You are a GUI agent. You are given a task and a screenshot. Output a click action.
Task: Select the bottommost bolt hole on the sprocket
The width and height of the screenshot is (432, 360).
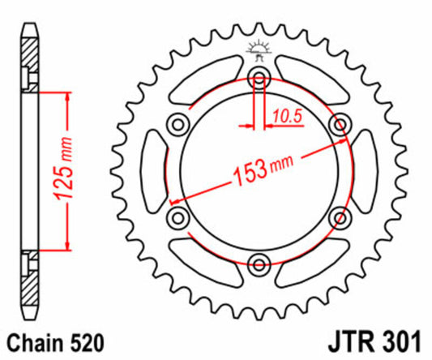pos(260,262)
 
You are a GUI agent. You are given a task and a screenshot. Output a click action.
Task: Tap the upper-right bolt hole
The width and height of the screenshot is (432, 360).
pos(340,124)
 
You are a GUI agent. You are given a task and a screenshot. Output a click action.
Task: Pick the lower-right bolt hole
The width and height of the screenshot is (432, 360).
pos(340,216)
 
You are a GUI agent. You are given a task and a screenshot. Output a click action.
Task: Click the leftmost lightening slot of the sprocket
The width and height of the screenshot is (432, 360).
pos(154,170)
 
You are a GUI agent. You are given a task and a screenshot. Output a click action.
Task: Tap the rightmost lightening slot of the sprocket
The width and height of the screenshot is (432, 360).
pos(366,170)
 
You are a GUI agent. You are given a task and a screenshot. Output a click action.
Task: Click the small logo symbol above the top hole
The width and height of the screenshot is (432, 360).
pos(260,50)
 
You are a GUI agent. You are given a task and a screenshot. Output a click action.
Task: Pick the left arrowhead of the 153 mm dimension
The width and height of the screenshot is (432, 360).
pos(171,199)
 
